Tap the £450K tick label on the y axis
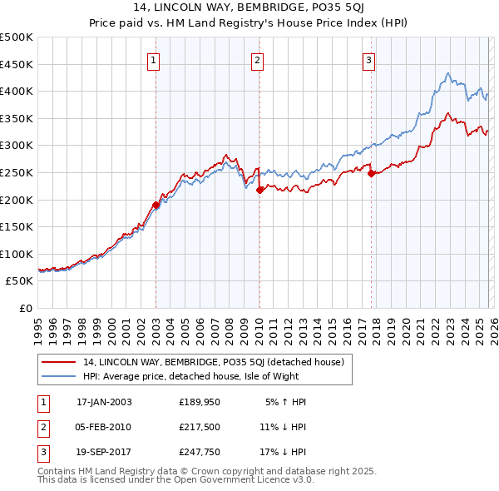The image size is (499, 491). click(x=17, y=64)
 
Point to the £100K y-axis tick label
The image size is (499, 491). click(x=17, y=254)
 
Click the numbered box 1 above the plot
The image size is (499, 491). click(x=156, y=60)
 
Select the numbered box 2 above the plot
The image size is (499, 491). click(x=258, y=60)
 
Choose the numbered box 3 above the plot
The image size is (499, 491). click(x=368, y=60)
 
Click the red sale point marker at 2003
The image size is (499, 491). click(x=156, y=205)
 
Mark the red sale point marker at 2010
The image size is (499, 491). click(x=259, y=190)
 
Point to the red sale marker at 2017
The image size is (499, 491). click(x=371, y=173)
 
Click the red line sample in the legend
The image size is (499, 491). click(x=58, y=362)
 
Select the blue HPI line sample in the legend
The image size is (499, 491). click(x=58, y=375)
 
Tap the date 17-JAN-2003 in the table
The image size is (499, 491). click(x=104, y=402)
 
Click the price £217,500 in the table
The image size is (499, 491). click(x=200, y=427)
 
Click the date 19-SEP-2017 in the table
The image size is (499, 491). click(x=104, y=452)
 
